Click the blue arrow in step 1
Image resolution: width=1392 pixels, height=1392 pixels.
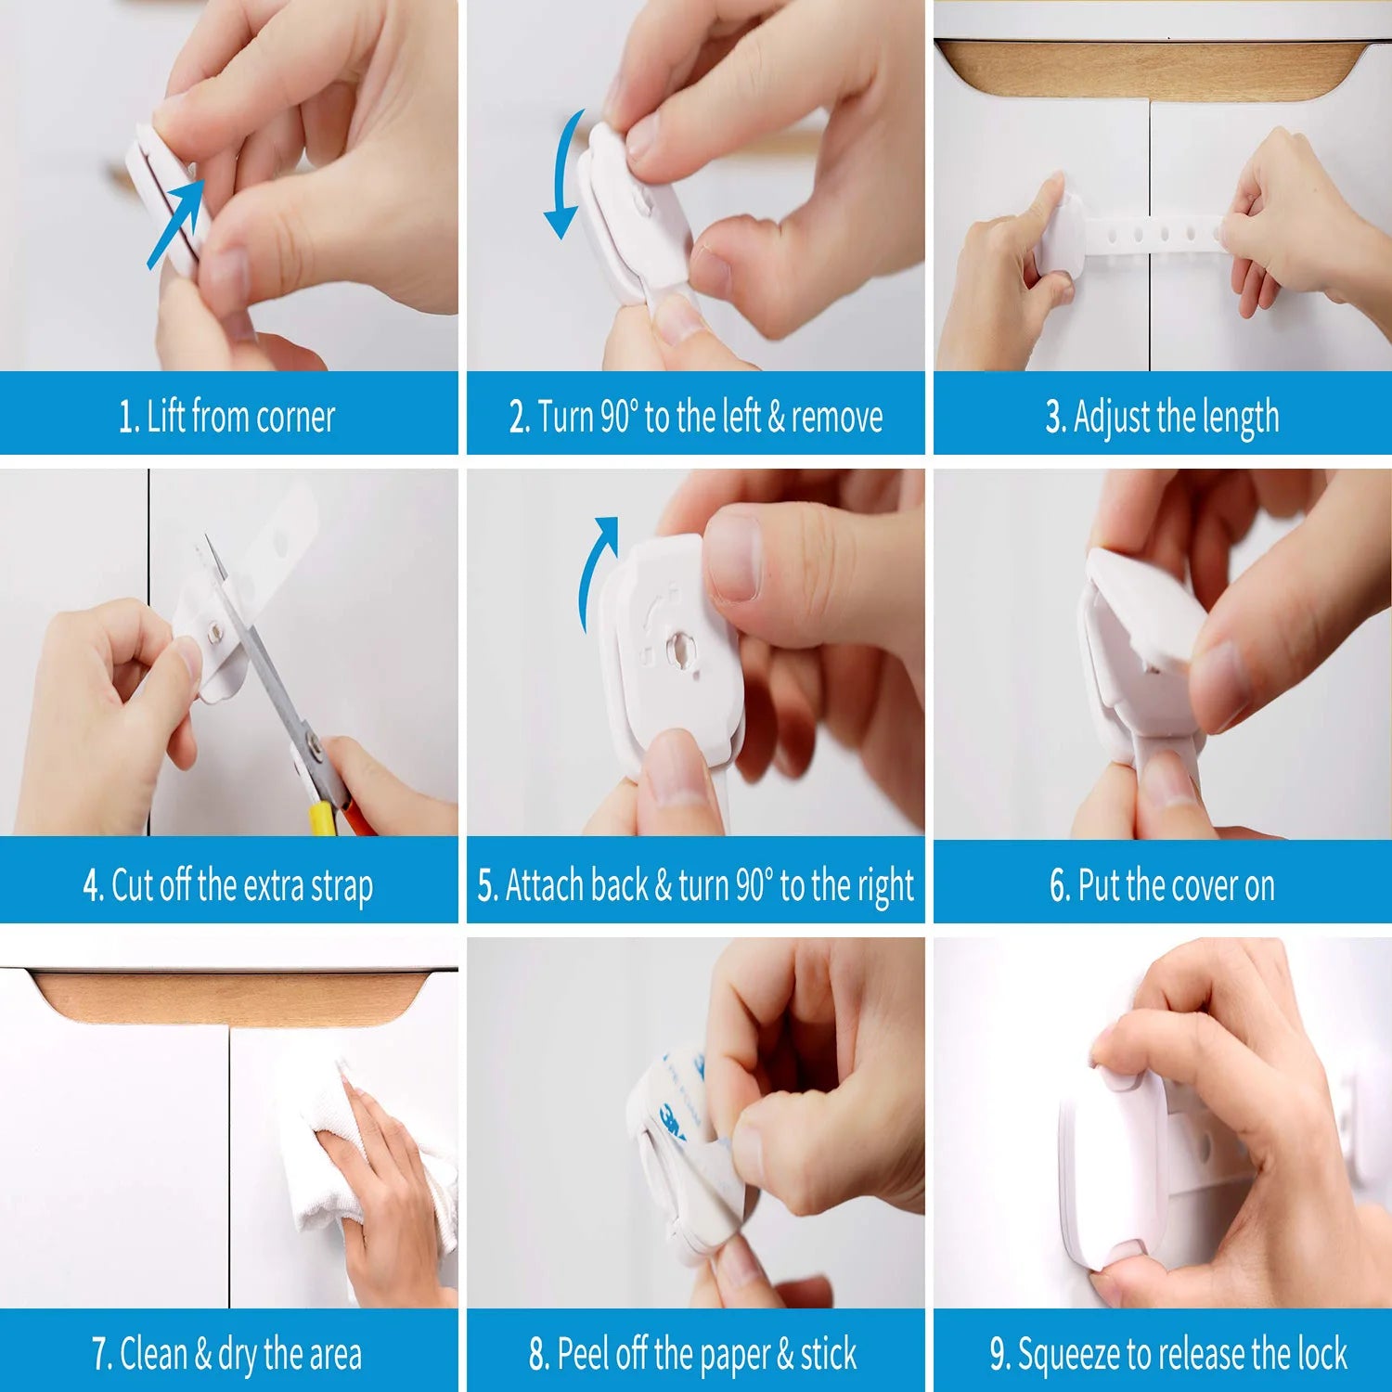177,223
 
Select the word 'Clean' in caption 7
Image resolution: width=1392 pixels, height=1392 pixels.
154,1354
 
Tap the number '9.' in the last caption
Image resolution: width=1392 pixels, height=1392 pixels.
999,1355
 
